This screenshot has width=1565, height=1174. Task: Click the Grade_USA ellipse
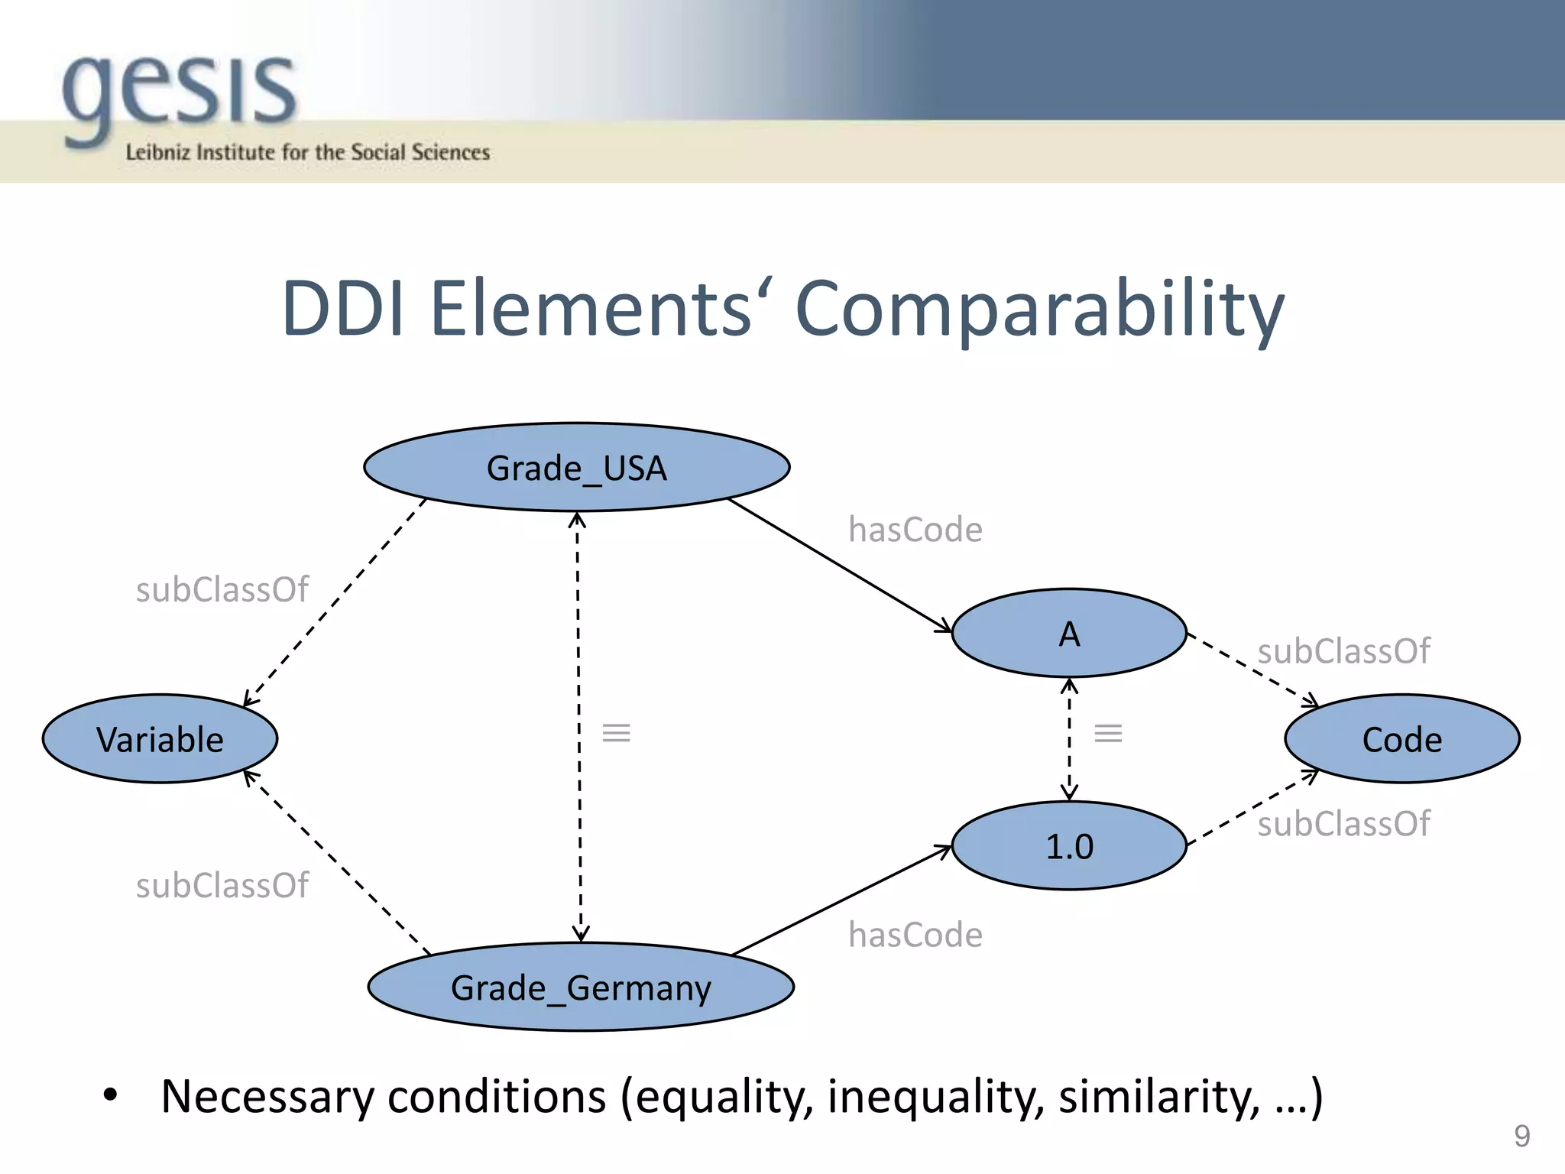click(x=577, y=467)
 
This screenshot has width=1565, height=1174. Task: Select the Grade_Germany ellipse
click(x=581, y=987)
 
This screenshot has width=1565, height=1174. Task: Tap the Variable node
click(x=160, y=739)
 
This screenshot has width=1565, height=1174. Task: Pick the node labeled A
click(x=1069, y=633)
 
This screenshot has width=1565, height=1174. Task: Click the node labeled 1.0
click(x=1069, y=845)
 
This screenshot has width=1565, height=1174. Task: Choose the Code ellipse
click(x=1401, y=739)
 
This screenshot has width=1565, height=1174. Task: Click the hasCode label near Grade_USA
click(x=915, y=530)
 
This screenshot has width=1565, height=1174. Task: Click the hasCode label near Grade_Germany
click(x=915, y=935)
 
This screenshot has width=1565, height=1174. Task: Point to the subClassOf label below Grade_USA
click(x=222, y=590)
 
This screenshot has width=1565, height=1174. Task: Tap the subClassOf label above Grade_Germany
click(x=222, y=885)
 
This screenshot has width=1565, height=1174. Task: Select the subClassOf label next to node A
click(x=1343, y=651)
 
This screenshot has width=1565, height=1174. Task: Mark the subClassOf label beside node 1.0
click(x=1343, y=824)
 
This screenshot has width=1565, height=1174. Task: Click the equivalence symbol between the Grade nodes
click(x=616, y=733)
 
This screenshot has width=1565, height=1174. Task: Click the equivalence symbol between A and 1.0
click(x=1108, y=734)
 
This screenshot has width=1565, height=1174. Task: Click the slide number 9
click(x=1521, y=1136)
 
